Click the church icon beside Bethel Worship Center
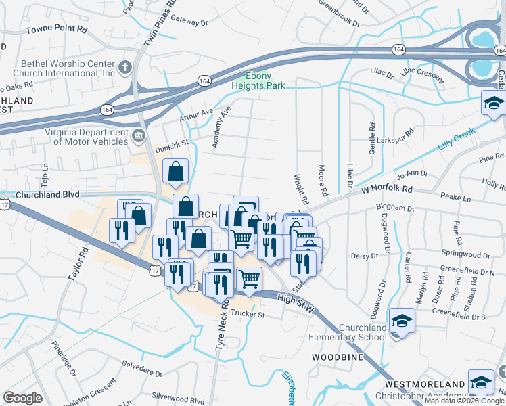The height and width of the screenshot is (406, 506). click(x=124, y=67)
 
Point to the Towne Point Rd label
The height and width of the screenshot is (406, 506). click(x=57, y=30)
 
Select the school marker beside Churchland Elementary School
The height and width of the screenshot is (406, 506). click(x=402, y=321)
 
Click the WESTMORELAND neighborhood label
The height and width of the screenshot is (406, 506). click(x=434, y=384)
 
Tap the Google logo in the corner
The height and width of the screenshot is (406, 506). click(x=22, y=397)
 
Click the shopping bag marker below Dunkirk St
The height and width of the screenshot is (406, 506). click(x=175, y=174)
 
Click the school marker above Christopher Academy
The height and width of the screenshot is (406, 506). click(x=481, y=383)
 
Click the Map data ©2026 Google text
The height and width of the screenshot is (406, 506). click(x=464, y=401)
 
